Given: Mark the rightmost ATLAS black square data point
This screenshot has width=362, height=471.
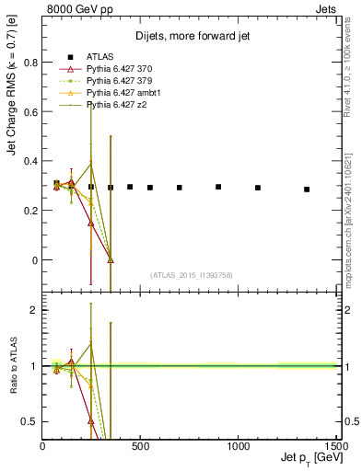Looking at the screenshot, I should click(x=307, y=190).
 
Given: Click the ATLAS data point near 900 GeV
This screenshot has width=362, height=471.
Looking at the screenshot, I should click(x=218, y=187).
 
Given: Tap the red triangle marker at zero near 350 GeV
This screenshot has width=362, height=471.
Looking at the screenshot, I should click(x=111, y=260).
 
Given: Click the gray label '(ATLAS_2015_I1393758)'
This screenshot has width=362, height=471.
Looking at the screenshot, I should click(x=190, y=274).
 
